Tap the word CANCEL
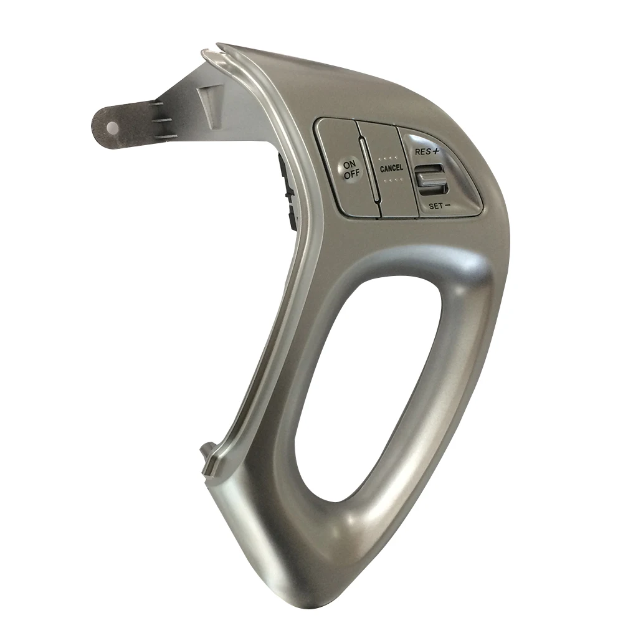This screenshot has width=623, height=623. click(x=391, y=168)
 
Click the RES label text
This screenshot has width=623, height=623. click(x=422, y=151)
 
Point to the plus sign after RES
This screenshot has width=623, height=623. click(x=436, y=151)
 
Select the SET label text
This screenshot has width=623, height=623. click(x=435, y=206)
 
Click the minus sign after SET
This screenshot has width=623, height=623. click(x=447, y=206)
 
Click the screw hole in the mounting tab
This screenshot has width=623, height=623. click(x=112, y=126)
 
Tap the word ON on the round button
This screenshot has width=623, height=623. click(x=350, y=164)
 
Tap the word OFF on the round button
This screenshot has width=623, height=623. click(x=351, y=174)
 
